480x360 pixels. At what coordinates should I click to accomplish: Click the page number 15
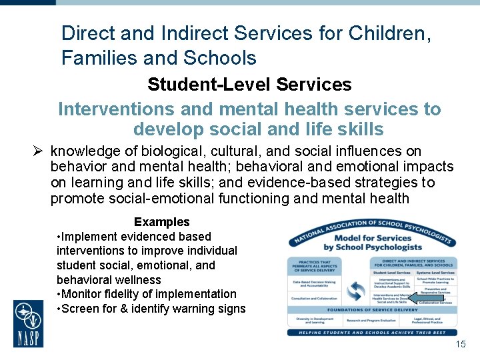point(460,344)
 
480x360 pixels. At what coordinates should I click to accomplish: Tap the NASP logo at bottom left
point(29,323)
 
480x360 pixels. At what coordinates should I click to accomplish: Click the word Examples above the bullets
point(161,222)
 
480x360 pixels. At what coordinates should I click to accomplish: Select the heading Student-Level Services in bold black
point(249,85)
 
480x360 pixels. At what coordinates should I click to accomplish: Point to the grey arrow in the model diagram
point(421,298)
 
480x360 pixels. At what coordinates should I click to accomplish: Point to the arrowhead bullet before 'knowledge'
point(39,151)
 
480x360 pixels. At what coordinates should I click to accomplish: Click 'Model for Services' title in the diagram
point(372,238)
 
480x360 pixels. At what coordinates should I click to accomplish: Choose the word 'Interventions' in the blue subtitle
point(118,109)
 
